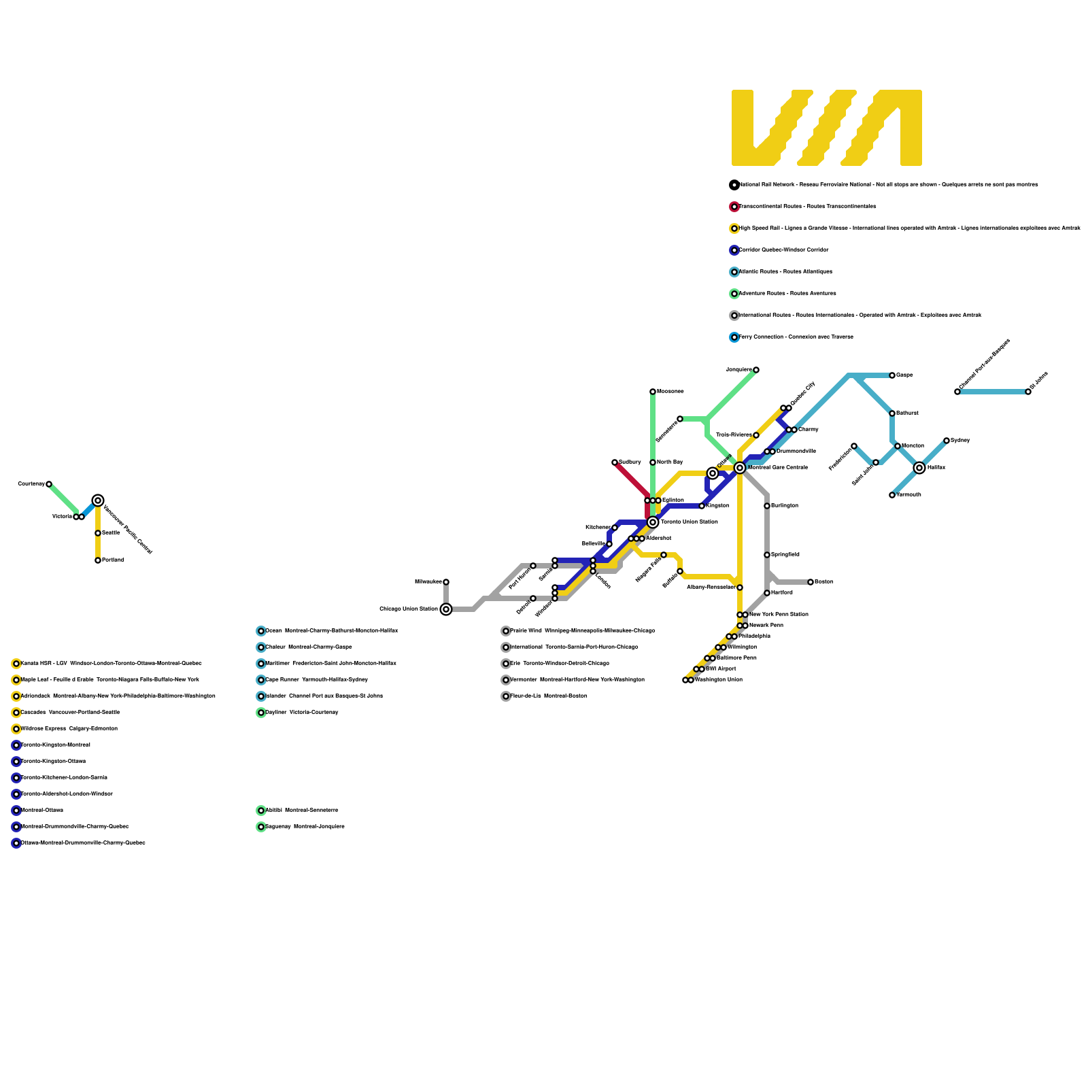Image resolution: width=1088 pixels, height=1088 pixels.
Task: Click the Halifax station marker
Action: (x=919, y=468)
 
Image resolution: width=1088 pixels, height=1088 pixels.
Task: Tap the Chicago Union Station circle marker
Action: (x=446, y=609)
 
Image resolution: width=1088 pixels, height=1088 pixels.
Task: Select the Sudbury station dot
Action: (x=615, y=462)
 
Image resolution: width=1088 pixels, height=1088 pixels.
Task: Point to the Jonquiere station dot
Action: (x=756, y=370)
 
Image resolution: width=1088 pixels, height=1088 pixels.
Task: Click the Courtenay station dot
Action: (x=49, y=484)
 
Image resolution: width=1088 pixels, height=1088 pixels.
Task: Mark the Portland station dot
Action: (x=98, y=560)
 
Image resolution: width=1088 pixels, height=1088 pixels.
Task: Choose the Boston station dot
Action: (x=811, y=582)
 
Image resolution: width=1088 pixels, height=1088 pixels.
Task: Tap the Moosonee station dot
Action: (x=653, y=392)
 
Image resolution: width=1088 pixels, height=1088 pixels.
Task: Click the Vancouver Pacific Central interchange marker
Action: (x=98, y=500)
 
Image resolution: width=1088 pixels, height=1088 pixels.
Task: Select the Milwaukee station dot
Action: (x=446, y=582)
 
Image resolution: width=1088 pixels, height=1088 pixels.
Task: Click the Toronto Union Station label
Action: (x=689, y=522)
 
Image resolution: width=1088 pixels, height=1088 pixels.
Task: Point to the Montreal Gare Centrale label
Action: (x=777, y=468)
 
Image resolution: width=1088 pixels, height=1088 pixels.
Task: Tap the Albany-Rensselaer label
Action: (x=711, y=588)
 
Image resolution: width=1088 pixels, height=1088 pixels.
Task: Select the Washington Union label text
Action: (x=719, y=680)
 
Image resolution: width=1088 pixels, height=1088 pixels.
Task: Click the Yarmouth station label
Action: (x=908, y=495)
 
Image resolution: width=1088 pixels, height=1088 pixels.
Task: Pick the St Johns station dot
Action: (x=1028, y=392)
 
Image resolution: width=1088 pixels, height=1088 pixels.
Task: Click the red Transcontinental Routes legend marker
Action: (x=734, y=207)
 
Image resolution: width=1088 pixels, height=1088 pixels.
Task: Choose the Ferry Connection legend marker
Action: (x=734, y=337)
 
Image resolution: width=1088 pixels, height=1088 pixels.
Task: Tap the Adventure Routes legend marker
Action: (x=734, y=294)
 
